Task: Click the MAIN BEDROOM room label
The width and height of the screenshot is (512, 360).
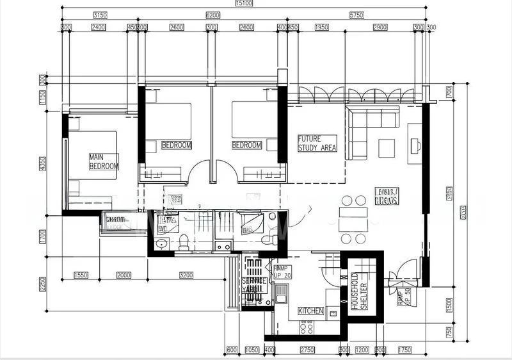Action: coord(104,161)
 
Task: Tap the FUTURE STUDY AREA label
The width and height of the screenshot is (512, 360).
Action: coord(317,143)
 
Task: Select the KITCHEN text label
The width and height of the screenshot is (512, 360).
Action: coord(311,311)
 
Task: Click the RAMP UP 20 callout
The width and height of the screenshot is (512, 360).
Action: coord(282,272)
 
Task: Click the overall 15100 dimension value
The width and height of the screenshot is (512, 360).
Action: coord(244,4)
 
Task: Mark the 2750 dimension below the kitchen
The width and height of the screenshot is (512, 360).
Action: coord(307,350)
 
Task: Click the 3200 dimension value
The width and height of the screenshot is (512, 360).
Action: coord(186,275)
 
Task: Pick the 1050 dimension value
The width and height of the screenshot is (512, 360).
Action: coord(252,350)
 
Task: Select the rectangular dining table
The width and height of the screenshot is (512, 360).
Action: coord(353,220)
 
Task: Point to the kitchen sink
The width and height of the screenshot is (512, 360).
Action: coord(281,295)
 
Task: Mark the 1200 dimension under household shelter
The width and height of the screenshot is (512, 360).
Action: coord(362,350)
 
